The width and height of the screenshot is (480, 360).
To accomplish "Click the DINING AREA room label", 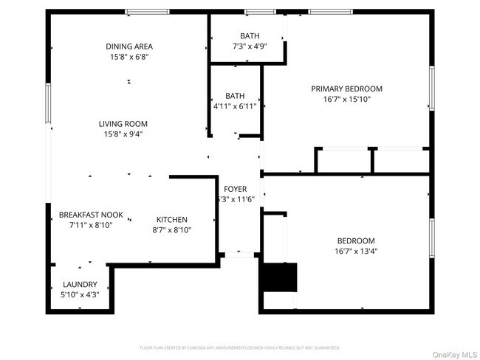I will pos(129,46).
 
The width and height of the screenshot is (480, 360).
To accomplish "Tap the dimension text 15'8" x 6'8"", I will pos(129,58).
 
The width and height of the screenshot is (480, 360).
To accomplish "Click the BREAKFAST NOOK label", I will pos(86,215).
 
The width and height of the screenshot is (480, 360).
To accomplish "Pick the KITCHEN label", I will pos(171,220).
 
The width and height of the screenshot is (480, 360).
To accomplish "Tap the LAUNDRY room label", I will pos(80,284).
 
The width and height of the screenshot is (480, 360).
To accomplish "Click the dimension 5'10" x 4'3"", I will pos(80,294).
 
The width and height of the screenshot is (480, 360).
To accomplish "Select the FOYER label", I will pos(235,189).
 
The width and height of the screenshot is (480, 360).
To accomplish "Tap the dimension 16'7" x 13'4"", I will pos(356,252).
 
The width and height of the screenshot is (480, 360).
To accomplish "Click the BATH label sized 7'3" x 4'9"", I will pos(250,36).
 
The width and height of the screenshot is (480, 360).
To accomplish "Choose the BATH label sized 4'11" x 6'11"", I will pos(235,96).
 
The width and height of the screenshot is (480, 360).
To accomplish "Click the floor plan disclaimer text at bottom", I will pos(239,347).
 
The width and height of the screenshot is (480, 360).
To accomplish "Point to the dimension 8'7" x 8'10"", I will pos(171,230).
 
